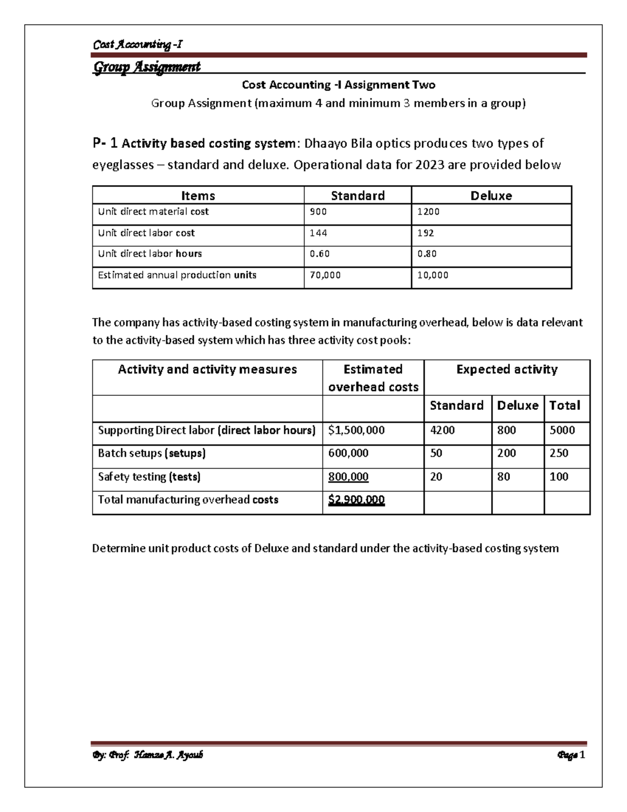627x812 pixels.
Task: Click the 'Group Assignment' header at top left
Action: click(146, 67)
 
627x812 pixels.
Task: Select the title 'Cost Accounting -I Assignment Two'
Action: click(339, 85)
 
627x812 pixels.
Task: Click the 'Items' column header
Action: click(198, 196)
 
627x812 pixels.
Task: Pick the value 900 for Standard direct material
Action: click(318, 212)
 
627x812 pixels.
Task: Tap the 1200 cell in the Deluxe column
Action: click(428, 212)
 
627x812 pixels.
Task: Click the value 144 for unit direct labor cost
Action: click(318, 233)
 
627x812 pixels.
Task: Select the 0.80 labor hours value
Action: click(426, 254)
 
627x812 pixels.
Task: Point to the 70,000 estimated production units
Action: click(325, 275)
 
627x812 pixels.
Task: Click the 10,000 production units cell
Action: click(433, 275)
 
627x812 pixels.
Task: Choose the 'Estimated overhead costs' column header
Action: click(373, 378)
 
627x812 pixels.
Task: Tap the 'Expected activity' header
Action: click(507, 370)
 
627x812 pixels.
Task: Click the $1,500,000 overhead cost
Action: click(356, 430)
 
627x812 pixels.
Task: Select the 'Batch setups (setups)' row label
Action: click(152, 453)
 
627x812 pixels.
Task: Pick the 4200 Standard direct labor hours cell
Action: click(442, 430)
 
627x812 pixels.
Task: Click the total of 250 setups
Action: click(559, 453)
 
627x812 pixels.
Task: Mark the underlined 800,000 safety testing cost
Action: click(348, 477)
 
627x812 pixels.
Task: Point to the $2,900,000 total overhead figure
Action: click(356, 500)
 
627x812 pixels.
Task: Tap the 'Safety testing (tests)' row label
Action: click(149, 477)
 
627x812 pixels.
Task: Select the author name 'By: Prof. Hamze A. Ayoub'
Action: click(148, 755)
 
